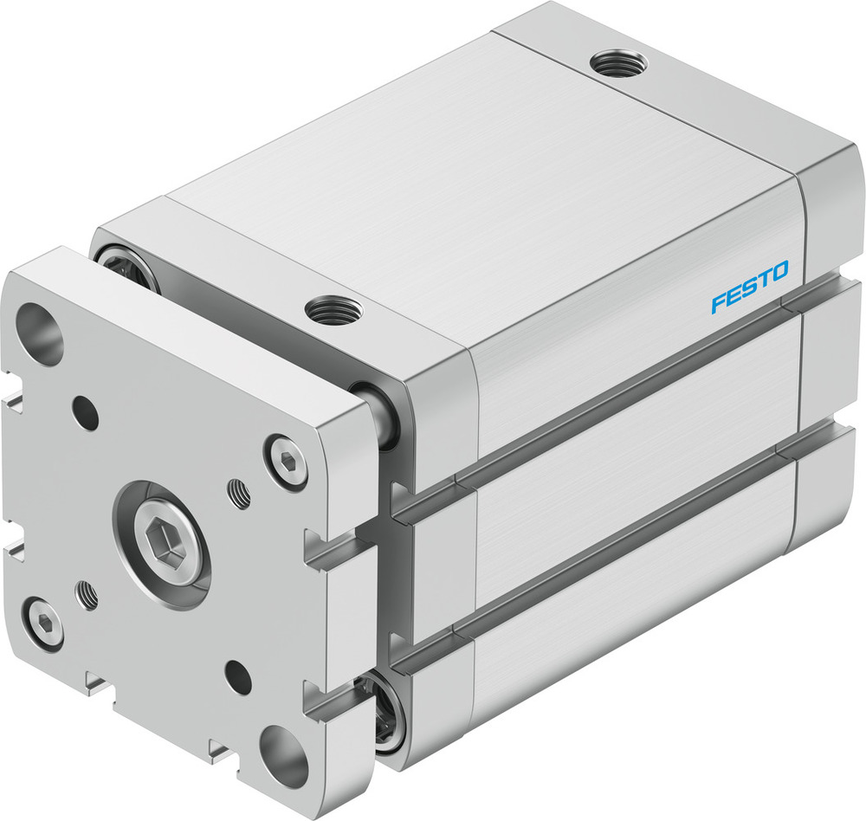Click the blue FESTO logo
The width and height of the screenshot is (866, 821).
(750, 288)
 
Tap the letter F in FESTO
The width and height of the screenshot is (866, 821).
(719, 303)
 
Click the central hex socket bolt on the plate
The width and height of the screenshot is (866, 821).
(162, 546)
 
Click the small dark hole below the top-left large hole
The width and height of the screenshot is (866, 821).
(86, 411)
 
